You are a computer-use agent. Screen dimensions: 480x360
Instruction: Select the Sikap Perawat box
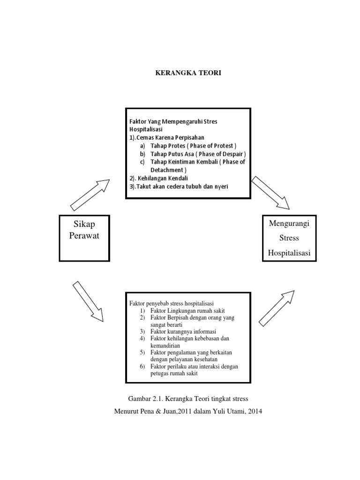(84, 238)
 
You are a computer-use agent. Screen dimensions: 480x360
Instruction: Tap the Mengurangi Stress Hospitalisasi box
(289, 238)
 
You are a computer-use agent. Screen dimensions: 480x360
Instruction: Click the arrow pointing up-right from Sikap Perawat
(90, 195)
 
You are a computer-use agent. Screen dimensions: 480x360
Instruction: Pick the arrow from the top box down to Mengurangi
(270, 193)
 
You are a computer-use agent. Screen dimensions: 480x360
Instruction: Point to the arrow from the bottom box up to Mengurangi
(277, 307)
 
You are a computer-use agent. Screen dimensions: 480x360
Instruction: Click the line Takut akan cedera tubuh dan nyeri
(179, 186)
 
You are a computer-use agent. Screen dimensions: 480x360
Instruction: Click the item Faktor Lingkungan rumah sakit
(186, 311)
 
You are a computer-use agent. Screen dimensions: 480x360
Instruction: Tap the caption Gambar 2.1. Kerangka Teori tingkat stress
(187, 399)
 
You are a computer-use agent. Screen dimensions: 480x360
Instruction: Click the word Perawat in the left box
(84, 235)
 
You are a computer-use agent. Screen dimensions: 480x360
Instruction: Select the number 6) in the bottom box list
(143, 366)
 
